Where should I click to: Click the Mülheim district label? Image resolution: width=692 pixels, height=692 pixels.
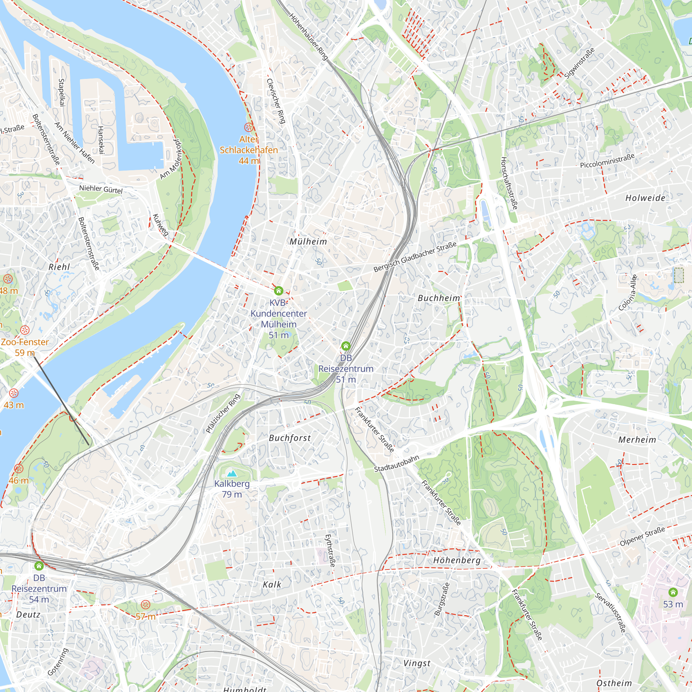308,242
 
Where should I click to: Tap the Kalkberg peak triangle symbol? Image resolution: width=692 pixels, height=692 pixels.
232,474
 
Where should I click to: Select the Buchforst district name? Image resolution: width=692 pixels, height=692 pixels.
289,438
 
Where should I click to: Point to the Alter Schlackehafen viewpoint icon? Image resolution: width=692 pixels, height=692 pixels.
248,127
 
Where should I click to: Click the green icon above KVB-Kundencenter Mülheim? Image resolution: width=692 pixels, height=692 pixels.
278,291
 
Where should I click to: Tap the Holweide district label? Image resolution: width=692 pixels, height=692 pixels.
645,198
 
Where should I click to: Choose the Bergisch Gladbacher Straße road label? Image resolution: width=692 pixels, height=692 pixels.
415,256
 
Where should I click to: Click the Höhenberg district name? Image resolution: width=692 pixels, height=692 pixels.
457,560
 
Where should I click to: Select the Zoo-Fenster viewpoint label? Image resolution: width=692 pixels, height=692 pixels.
24,342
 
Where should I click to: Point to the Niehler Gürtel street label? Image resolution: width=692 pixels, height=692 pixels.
101,189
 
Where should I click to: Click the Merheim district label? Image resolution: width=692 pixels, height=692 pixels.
637,440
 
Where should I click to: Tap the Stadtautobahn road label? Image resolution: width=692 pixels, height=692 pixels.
396,464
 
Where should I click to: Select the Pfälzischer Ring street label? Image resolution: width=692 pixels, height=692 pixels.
223,413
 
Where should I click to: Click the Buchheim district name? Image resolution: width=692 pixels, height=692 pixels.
438,298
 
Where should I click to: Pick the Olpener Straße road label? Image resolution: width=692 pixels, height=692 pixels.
642,536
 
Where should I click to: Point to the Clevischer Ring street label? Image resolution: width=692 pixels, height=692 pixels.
276,101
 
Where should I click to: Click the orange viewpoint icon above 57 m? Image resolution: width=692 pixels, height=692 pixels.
145,605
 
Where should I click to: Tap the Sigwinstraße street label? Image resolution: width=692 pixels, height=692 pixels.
579,63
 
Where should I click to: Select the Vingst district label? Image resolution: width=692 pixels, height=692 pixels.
417,663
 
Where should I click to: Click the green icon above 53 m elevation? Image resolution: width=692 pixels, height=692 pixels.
673,592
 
